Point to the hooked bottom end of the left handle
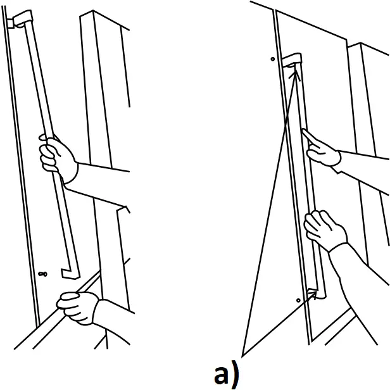coord(69,272)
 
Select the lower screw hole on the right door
coord(298,298)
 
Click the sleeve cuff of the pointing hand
coord(342,158)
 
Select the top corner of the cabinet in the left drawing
coord(94,11)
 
